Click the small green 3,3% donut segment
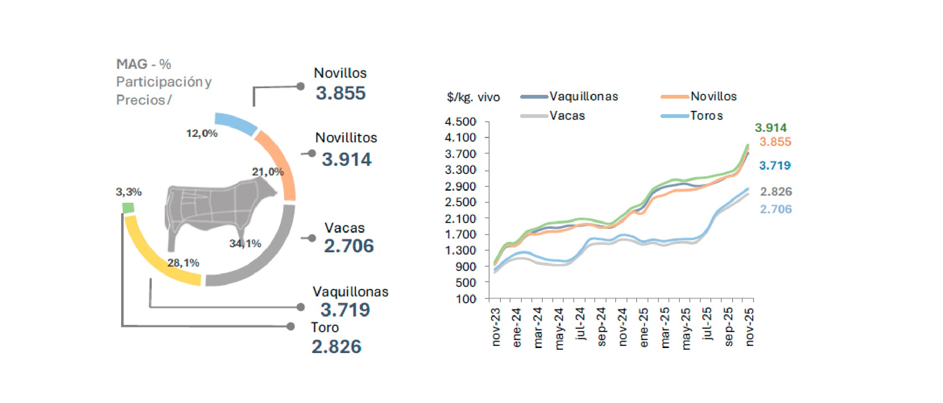[x=128, y=208]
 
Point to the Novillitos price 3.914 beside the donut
[x=347, y=160]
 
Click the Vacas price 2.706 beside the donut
[x=349, y=246]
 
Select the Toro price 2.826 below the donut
[x=336, y=347]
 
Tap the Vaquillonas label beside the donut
[x=350, y=292]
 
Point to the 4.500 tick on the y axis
[x=460, y=122]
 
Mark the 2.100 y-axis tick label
[x=460, y=218]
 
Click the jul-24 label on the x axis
[x=580, y=324]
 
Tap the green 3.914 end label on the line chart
[x=770, y=128]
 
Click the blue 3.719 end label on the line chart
[x=775, y=165]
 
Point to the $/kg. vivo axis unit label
[x=473, y=97]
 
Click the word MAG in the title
[x=132, y=64]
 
